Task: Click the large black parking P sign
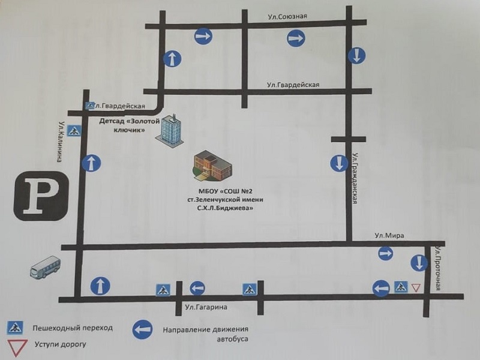(41, 196)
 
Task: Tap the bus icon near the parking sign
(46, 267)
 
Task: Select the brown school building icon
(213, 164)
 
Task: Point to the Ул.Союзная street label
(287, 17)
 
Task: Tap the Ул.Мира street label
(389, 235)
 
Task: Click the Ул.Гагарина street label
(206, 307)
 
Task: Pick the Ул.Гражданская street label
(355, 178)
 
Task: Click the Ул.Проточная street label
(439, 268)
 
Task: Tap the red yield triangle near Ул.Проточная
(415, 287)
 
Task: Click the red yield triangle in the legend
(17, 347)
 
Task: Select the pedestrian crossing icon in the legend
(15, 328)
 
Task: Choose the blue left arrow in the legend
(143, 329)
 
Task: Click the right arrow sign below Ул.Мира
(385, 253)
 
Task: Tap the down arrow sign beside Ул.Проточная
(419, 263)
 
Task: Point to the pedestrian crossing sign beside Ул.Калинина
(74, 131)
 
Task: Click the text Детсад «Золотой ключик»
(130, 125)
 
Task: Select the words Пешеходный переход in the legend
(73, 328)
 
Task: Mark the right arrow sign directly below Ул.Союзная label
(296, 38)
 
